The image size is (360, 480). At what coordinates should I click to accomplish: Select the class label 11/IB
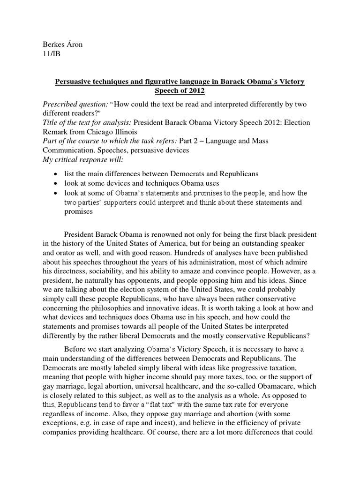pos(48,54)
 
